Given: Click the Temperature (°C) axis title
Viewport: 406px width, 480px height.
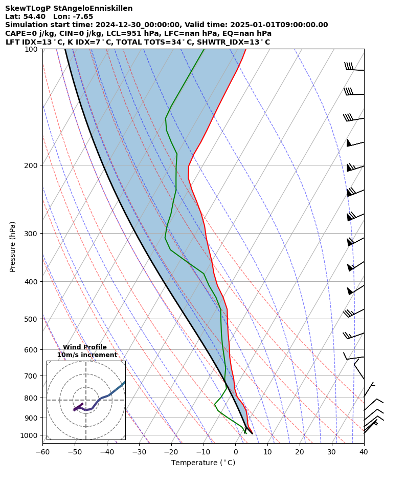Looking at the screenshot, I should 203,463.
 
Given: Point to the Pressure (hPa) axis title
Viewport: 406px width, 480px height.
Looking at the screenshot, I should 13,246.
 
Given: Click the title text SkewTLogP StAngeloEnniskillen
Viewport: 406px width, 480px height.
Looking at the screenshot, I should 69,8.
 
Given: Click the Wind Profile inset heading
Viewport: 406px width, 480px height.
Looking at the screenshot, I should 85,347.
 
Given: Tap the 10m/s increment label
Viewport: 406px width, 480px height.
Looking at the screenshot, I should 87,355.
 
